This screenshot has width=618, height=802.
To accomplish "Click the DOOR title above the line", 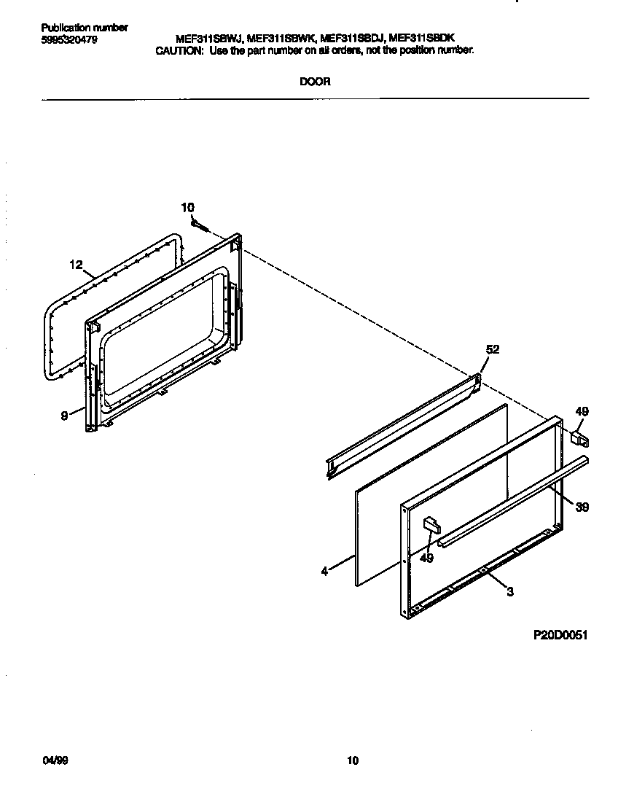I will click(315, 82).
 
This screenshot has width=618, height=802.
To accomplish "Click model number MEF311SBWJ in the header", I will click(207, 40).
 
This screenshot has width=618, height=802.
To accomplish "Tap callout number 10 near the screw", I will click(188, 208).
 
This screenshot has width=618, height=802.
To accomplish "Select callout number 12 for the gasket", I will click(77, 265).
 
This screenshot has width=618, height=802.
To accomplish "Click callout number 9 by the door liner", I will click(64, 416).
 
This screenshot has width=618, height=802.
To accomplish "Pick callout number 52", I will click(493, 350).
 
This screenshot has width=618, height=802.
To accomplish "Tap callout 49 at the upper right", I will click(581, 412).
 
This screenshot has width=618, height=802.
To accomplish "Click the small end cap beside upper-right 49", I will click(579, 438).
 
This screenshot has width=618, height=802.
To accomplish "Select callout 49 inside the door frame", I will click(427, 558).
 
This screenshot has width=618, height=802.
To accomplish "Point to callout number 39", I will click(582, 507).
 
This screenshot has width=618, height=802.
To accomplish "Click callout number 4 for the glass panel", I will click(324, 572).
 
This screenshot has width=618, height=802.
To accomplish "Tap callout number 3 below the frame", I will click(510, 592).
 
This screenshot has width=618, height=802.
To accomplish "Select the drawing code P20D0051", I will click(560, 635).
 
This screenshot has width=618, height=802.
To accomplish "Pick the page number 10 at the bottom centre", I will click(352, 762).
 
